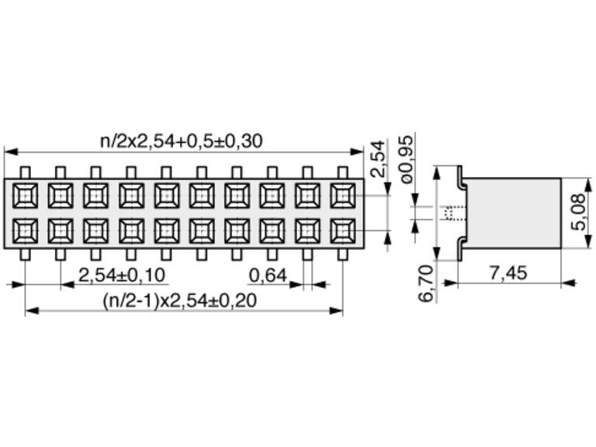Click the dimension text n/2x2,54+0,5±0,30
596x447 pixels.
(x=182, y=140)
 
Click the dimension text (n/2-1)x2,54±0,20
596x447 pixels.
(x=180, y=300)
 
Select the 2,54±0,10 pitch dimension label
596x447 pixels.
(x=122, y=275)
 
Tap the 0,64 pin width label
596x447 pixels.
(x=268, y=275)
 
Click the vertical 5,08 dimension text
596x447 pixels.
(x=577, y=213)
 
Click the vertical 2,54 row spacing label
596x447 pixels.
(x=378, y=158)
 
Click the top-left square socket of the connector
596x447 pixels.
(x=26, y=195)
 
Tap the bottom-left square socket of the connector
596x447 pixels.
(x=26, y=230)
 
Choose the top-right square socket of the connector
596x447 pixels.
(x=342, y=195)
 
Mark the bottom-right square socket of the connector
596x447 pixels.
(x=342, y=230)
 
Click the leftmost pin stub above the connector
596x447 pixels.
(x=26, y=172)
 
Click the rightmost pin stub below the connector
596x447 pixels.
(x=342, y=253)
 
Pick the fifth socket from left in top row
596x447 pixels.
(x=167, y=195)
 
